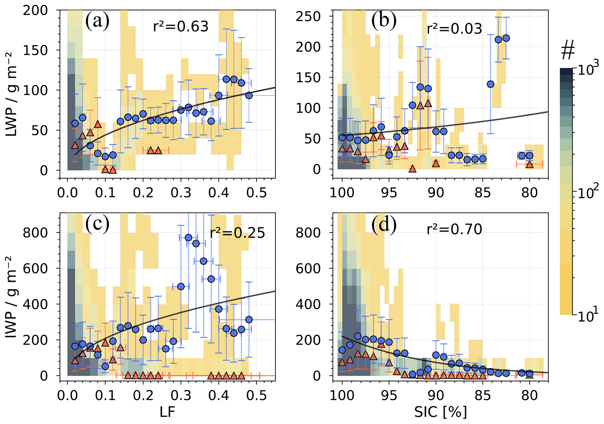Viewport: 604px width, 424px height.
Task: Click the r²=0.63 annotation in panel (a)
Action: (181, 27)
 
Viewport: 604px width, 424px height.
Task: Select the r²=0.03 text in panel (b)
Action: (454, 29)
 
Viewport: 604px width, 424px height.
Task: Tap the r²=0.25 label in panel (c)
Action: (237, 233)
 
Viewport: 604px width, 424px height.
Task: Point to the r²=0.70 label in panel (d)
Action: (454, 230)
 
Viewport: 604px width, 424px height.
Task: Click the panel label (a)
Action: (97, 21)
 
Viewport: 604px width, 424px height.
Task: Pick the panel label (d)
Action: (384, 225)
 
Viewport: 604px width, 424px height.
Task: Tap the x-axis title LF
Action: (167, 412)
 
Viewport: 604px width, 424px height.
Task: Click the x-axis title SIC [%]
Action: (440, 412)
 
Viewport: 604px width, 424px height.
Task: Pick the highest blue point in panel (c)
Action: (188, 237)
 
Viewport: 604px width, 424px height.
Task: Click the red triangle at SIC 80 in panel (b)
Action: (529, 165)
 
